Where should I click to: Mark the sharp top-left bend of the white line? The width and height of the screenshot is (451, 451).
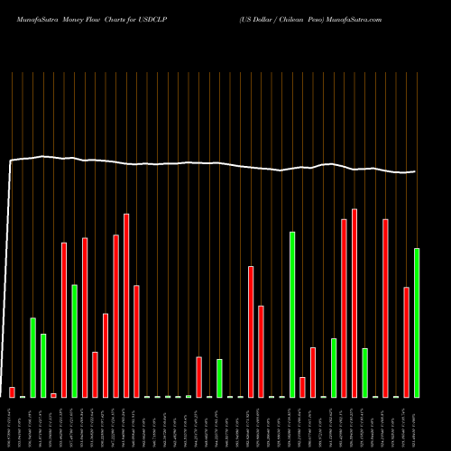tap(10, 161)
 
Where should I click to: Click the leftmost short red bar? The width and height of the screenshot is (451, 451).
tap(12, 391)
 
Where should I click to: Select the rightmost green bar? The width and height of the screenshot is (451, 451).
tap(417, 322)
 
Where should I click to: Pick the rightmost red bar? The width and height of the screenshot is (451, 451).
tap(406, 342)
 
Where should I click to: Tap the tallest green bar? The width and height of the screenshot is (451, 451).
tap(292, 314)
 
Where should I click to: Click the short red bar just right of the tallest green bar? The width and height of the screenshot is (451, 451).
tap(303, 387)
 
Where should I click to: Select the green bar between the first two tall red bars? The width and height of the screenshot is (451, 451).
tap(74, 340)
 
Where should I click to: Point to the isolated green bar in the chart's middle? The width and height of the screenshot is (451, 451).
tap(219, 378)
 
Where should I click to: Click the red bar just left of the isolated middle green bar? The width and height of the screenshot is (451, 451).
tap(198, 376)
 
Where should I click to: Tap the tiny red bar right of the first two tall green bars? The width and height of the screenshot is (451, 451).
tap(53, 395)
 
